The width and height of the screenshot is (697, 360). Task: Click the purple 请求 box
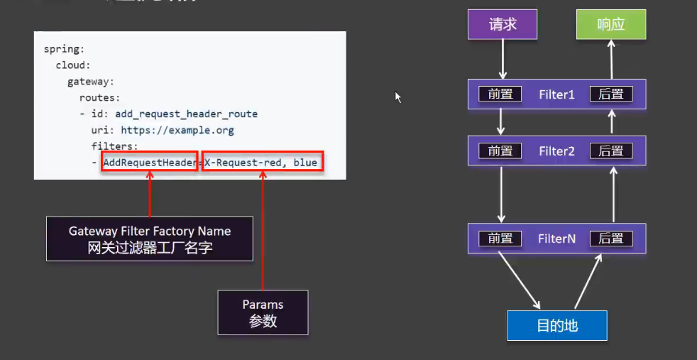[503, 24]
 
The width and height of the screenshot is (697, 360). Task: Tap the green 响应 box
[611, 24]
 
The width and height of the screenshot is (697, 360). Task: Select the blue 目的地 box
[557, 325]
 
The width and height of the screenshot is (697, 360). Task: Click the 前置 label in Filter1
[500, 94]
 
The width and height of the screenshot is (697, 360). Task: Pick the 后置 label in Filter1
[611, 94]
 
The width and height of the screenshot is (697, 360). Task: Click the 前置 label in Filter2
[500, 151]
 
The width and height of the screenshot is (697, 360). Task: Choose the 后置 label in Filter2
[611, 151]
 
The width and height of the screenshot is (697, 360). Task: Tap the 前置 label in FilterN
[500, 239]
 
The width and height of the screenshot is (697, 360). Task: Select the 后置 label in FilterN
[611, 239]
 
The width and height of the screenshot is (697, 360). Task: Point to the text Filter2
[556, 151]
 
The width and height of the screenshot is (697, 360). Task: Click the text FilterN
[556, 239]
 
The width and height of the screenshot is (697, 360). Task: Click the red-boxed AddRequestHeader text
[148, 163]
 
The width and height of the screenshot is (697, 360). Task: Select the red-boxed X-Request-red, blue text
[262, 163]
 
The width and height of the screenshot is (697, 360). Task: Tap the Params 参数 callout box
[263, 312]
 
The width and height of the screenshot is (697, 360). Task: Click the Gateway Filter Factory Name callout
[150, 239]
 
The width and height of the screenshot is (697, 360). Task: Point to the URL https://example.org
[177, 130]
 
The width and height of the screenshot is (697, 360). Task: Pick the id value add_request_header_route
[186, 114]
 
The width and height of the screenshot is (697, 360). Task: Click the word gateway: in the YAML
[91, 82]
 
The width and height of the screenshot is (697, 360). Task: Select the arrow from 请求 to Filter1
[503, 59]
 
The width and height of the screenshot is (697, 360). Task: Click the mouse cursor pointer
[398, 97]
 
